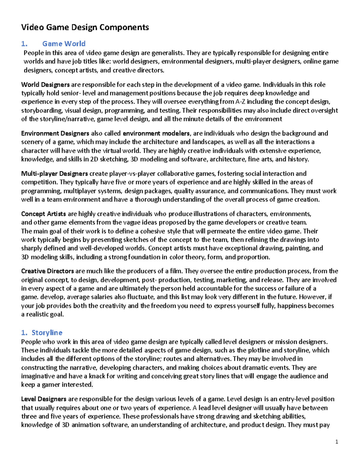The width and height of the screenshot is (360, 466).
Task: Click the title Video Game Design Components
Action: click(x=85, y=27)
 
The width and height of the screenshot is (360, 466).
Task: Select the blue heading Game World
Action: click(x=64, y=44)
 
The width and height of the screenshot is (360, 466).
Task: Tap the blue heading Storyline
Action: click(x=47, y=332)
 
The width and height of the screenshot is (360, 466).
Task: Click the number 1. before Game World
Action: click(x=24, y=44)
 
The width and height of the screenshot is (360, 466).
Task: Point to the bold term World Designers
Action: click(x=45, y=85)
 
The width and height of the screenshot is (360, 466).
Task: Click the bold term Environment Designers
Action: click(x=55, y=133)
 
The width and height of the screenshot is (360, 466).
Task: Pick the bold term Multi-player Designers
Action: click(x=54, y=173)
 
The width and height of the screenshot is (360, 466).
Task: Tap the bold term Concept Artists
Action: click(x=43, y=214)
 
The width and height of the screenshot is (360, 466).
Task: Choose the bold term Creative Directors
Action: click(x=47, y=271)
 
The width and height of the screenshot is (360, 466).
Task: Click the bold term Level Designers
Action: click(x=43, y=399)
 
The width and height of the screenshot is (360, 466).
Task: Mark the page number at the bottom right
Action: click(x=337, y=441)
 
